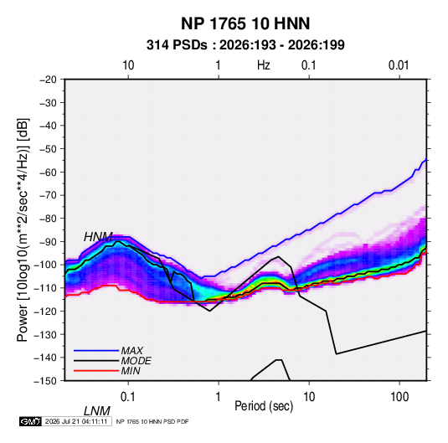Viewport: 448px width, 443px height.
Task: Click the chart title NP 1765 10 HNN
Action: coord(245,23)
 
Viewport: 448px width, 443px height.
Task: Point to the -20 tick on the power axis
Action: coord(48,80)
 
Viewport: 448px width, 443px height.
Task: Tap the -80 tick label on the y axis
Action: coord(48,219)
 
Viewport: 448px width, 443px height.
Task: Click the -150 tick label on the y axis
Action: coord(46,381)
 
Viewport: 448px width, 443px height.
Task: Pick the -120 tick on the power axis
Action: coord(46,311)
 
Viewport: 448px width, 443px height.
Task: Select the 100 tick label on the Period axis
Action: coord(399,397)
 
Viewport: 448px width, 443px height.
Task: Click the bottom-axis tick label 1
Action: coord(219,397)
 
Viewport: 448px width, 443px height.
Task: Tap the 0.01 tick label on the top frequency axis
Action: coord(399,65)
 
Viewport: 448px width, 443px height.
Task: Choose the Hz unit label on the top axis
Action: coord(264,65)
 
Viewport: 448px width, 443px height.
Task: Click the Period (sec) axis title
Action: coord(264,406)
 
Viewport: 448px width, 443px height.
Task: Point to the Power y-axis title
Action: coord(23,229)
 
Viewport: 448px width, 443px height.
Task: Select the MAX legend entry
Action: coord(131,351)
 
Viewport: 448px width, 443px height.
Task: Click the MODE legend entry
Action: coord(136,361)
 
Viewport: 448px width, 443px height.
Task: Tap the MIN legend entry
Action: coord(131,371)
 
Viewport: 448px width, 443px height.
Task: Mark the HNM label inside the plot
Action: coord(98,237)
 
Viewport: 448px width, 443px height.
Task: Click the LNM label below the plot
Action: coord(96,411)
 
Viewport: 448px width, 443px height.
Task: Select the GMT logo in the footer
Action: coord(30,421)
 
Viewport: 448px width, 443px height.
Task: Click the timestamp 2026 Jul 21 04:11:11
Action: coord(76,421)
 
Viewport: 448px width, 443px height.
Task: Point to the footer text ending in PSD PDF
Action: coord(152,421)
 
